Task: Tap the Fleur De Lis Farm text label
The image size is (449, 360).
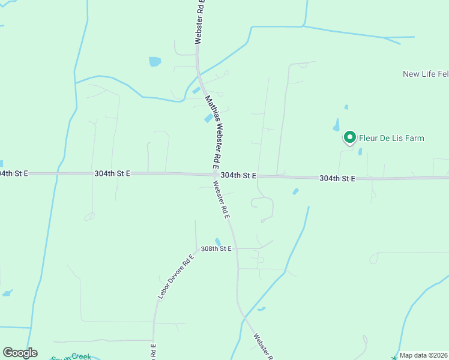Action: coord(391,139)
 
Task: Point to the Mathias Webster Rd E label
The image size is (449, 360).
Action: coord(213,131)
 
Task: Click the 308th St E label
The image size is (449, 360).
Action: coord(215,248)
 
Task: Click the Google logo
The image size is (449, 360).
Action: coord(20,353)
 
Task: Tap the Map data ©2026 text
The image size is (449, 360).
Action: coord(424,355)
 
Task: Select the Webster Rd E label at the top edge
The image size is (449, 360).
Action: coord(200,22)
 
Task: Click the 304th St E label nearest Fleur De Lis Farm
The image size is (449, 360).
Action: coord(337,179)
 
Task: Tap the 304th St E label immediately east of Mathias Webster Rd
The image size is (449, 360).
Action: coord(238,175)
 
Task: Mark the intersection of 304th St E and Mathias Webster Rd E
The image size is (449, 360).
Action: coord(214,175)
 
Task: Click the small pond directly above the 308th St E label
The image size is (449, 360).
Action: coord(218,242)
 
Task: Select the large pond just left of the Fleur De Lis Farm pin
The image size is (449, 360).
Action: coord(337,125)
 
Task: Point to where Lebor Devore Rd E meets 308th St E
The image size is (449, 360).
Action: coord(197,248)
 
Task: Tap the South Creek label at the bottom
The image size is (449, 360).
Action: coord(72,357)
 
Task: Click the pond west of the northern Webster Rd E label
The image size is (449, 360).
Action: coord(155,61)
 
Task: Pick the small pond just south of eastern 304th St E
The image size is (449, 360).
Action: coord(295,191)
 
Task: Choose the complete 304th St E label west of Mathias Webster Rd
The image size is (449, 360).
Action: coord(112,173)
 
